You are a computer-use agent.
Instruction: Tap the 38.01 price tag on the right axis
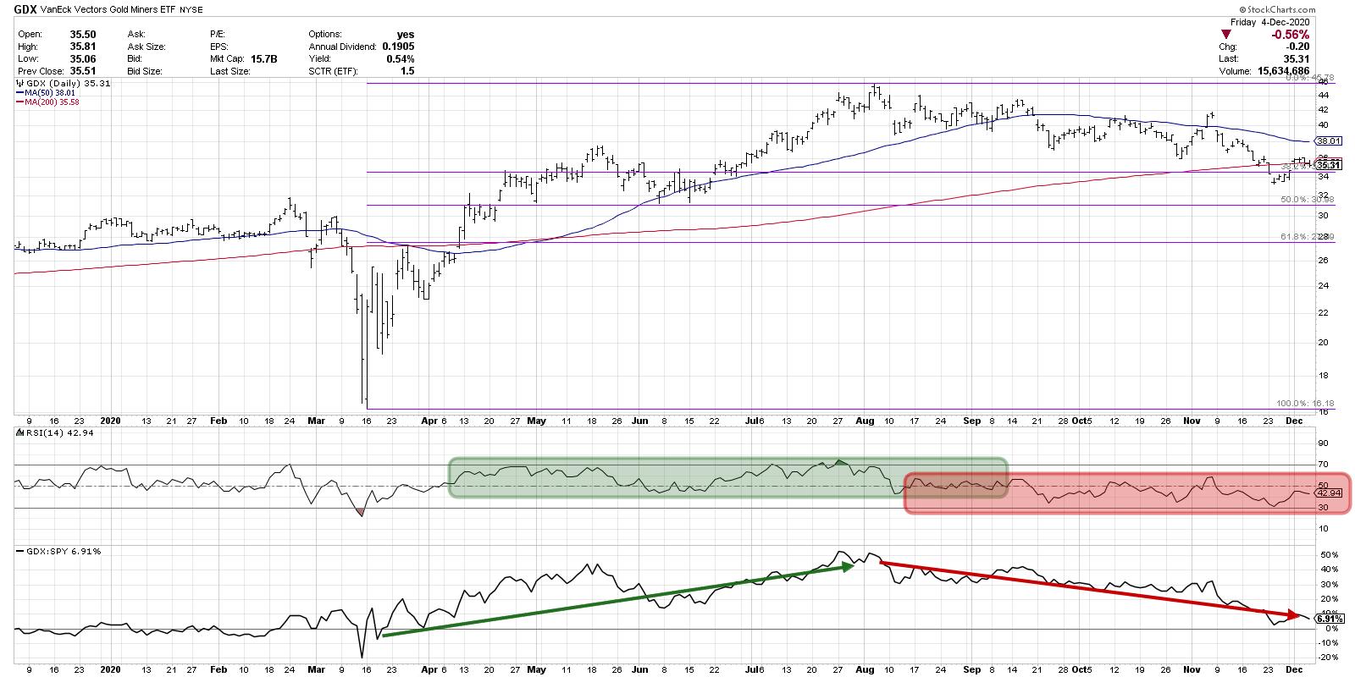pos(1327,141)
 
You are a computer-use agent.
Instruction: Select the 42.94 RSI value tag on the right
pos(1327,493)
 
